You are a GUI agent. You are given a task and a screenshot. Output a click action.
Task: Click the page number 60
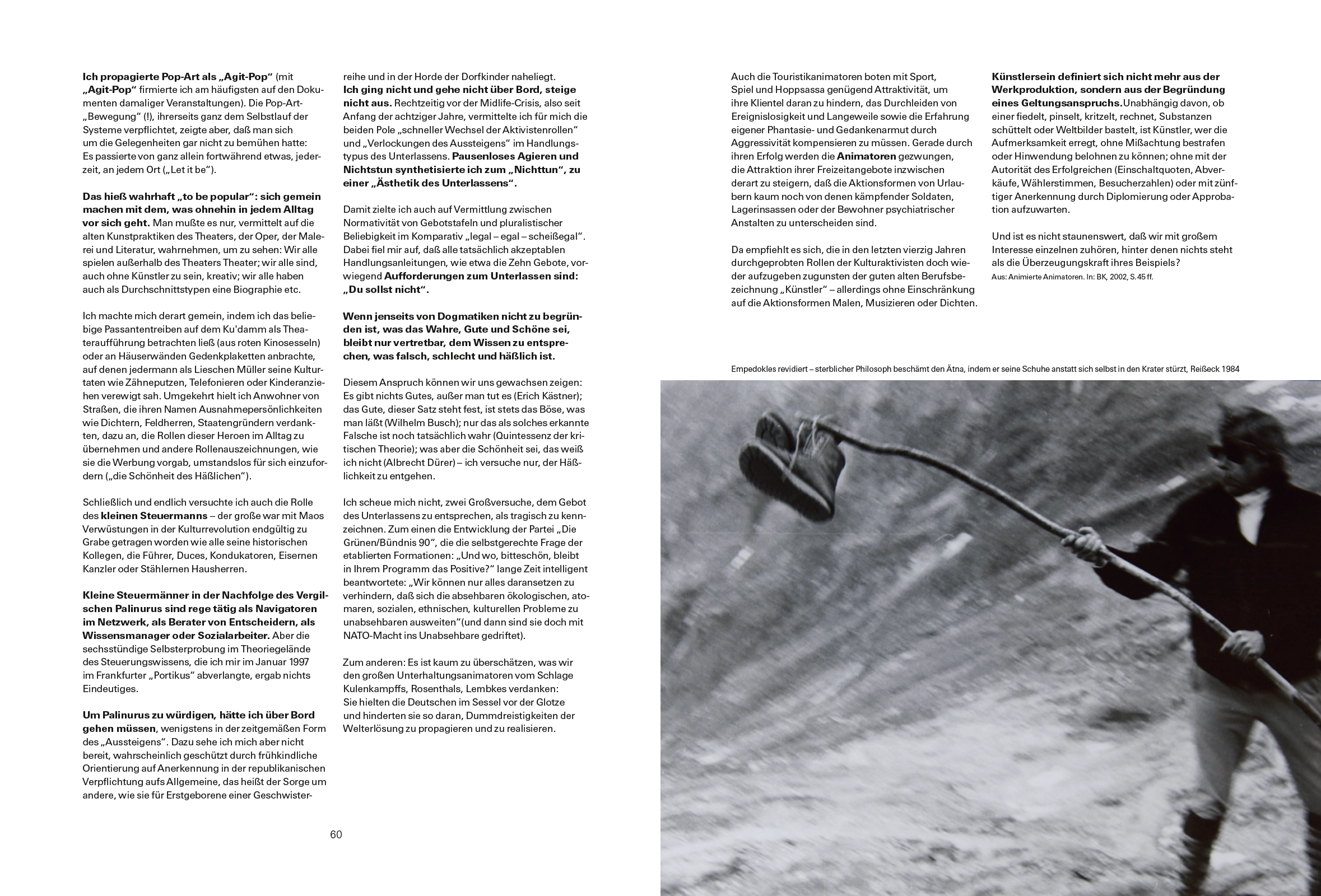(336, 834)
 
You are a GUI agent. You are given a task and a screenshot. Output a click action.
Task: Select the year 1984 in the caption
(1229, 369)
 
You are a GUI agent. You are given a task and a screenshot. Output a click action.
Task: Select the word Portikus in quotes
(174, 675)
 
